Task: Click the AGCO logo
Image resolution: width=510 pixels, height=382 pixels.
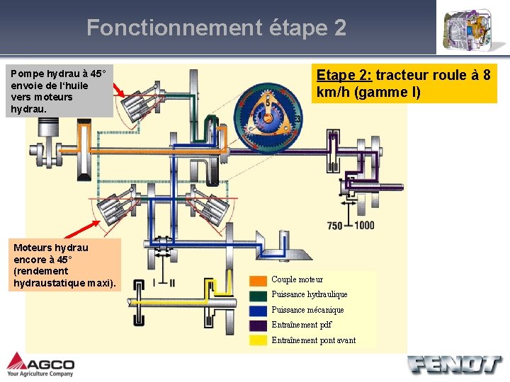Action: click(40, 364)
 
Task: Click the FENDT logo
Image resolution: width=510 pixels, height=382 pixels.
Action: click(453, 364)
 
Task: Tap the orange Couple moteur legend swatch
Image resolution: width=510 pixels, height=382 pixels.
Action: click(259, 280)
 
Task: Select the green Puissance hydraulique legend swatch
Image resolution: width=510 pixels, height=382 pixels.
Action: click(259, 295)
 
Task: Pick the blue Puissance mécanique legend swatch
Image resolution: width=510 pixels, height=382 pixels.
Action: click(259, 310)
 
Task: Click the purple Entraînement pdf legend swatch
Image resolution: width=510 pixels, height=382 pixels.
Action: click(259, 325)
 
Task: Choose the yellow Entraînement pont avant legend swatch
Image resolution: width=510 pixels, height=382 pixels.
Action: click(259, 340)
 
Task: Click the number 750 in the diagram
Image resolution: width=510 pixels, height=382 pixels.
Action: click(335, 226)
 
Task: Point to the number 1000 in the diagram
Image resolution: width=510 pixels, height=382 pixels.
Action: click(364, 226)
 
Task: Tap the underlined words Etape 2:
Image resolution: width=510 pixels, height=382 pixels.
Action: click(344, 76)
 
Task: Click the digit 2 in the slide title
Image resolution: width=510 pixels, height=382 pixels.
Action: click(339, 28)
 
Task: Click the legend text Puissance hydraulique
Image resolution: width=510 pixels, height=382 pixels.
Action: click(310, 294)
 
